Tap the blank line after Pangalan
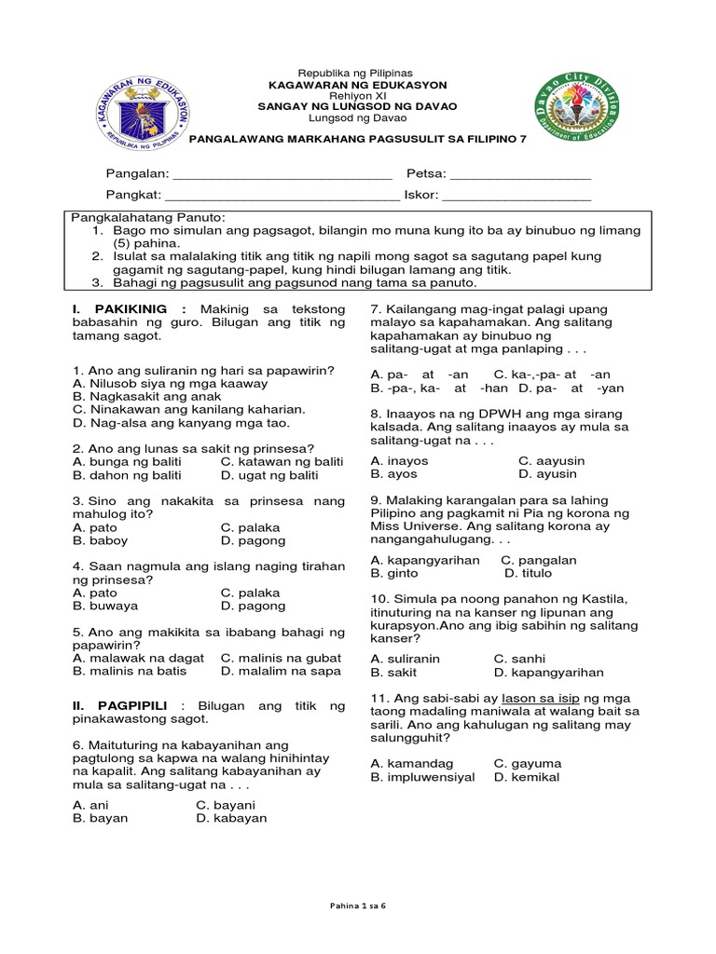tap(282, 175)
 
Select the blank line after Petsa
tap(521, 175)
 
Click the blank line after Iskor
tap(516, 196)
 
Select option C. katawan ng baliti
tap(282, 462)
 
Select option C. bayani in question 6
tap(226, 805)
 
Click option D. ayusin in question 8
tap(548, 473)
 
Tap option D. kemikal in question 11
tap(528, 776)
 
